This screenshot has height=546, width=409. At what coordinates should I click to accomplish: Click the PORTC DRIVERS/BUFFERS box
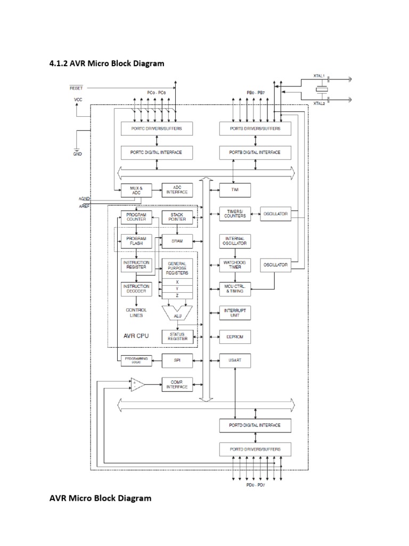[x=156, y=129]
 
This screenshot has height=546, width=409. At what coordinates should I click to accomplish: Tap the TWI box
[x=235, y=189]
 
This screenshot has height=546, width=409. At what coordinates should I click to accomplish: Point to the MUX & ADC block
[x=136, y=189]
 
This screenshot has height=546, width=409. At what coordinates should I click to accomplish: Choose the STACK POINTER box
[x=177, y=216]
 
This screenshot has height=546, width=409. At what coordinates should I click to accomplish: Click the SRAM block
[x=177, y=241]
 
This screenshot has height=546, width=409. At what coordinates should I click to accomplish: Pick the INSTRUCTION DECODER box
[x=136, y=288]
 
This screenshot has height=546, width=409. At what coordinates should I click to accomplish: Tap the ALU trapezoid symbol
[x=177, y=315]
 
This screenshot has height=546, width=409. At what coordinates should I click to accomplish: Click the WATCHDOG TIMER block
[x=235, y=265]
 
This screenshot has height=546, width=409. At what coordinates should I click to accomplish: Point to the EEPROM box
[x=235, y=337]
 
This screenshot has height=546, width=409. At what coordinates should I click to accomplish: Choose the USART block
[x=235, y=360]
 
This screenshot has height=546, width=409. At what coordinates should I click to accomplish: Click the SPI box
[x=177, y=360]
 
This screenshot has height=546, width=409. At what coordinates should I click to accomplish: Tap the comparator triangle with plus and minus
[x=137, y=385]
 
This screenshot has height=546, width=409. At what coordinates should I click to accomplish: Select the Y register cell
[x=177, y=289]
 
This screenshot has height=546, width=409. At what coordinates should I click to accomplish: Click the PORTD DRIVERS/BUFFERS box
[x=257, y=449]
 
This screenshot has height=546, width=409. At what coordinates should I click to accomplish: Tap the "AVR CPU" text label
[x=136, y=336]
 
